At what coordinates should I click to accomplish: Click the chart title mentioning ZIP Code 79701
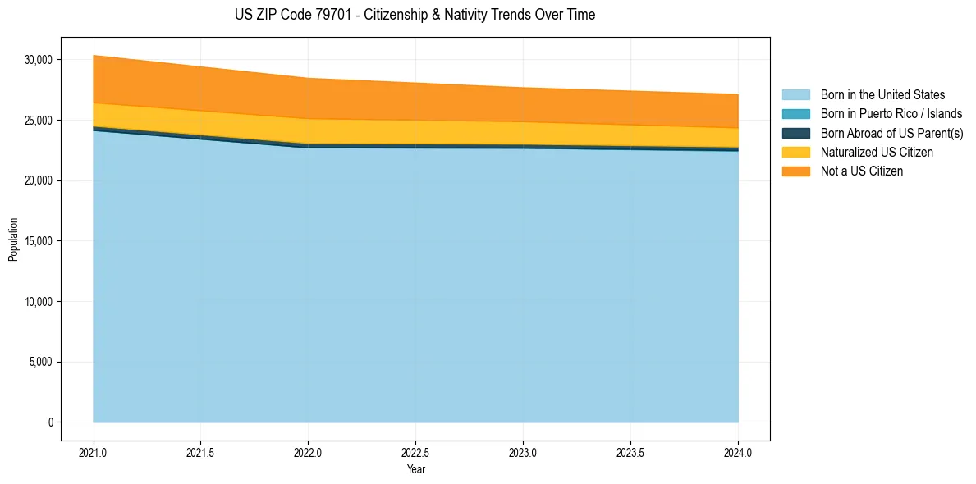pyautogui.click(x=415, y=15)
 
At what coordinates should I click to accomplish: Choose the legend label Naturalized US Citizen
pyautogui.click(x=877, y=153)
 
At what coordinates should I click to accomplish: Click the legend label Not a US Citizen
pyautogui.click(x=862, y=171)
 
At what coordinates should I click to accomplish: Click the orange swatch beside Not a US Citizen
pyautogui.click(x=795, y=171)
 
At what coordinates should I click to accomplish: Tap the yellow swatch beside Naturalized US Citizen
pyautogui.click(x=795, y=153)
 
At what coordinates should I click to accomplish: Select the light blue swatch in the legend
pyautogui.click(x=795, y=95)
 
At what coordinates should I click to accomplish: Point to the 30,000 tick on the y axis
pyautogui.click(x=39, y=60)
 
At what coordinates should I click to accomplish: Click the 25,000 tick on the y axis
pyautogui.click(x=39, y=121)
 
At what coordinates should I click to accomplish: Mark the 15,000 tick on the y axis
pyautogui.click(x=39, y=241)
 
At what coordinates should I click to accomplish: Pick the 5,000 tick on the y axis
pyautogui.click(x=41, y=362)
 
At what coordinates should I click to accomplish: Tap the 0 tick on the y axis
pyautogui.click(x=50, y=422)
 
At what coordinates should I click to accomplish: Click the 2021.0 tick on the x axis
pyautogui.click(x=94, y=452)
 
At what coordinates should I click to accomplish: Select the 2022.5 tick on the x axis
pyautogui.click(x=416, y=452)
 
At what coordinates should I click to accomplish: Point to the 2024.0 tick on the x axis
pyautogui.click(x=738, y=452)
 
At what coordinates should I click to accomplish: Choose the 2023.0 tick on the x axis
pyautogui.click(x=523, y=452)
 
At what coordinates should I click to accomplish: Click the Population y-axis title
pyautogui.click(x=13, y=240)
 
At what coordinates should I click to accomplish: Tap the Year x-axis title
pyautogui.click(x=415, y=469)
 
